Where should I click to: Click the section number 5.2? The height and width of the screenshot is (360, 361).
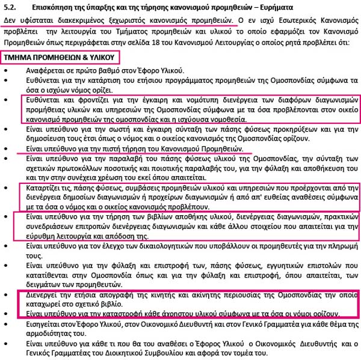tap(10, 7)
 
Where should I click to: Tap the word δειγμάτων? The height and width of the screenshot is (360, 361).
tap(35, 284)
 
